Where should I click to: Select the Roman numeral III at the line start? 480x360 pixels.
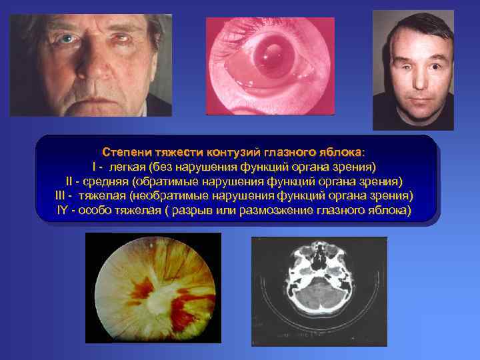point(63,196)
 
